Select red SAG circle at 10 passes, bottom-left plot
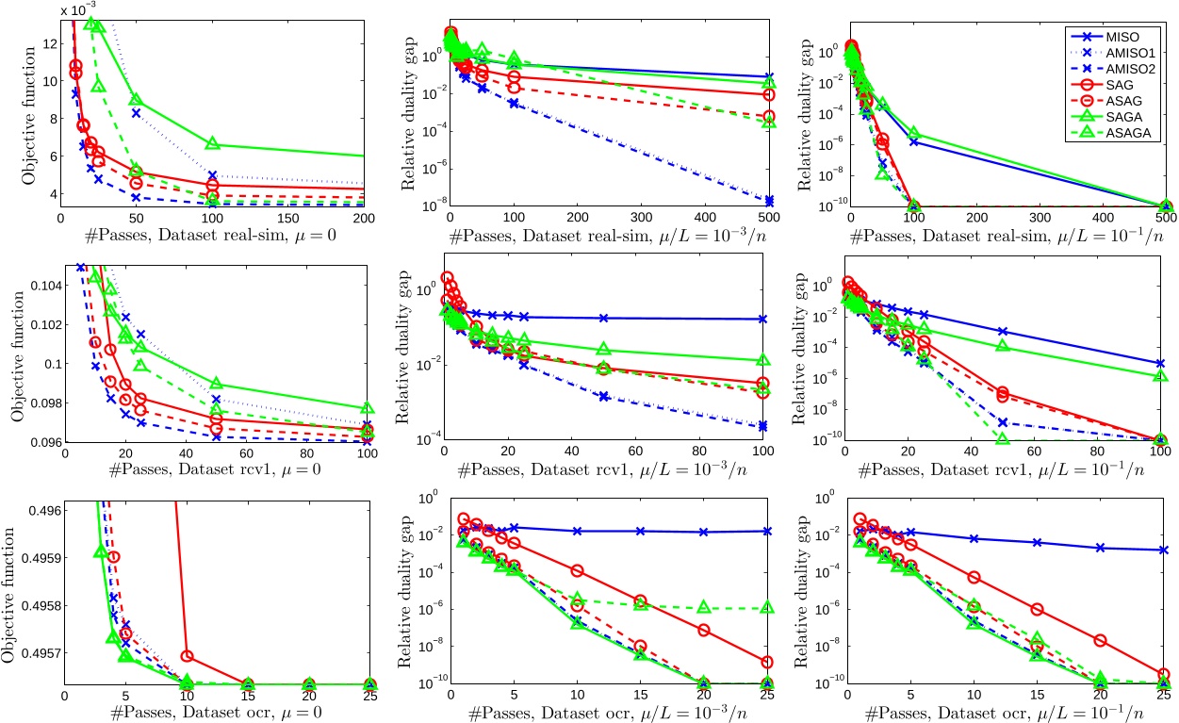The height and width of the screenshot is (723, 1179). pos(187,655)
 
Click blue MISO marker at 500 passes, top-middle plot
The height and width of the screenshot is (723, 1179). pos(769,77)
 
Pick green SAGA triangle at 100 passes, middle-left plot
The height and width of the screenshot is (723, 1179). pos(368,409)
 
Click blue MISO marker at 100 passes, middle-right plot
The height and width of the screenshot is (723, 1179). pos(1165,363)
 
